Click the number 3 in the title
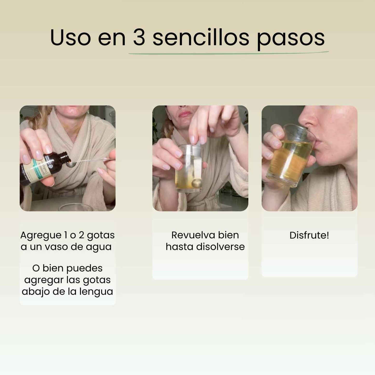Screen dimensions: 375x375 [x=139, y=38]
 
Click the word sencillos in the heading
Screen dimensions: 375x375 [x=201, y=38]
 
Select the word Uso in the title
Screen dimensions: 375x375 [x=70, y=38]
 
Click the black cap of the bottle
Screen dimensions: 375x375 [x=64, y=157]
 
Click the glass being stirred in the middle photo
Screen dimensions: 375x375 [x=189, y=169]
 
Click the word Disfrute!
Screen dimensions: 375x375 [x=309, y=235]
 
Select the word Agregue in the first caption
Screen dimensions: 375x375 [x=41, y=236]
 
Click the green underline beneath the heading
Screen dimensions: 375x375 [x=228, y=53]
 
